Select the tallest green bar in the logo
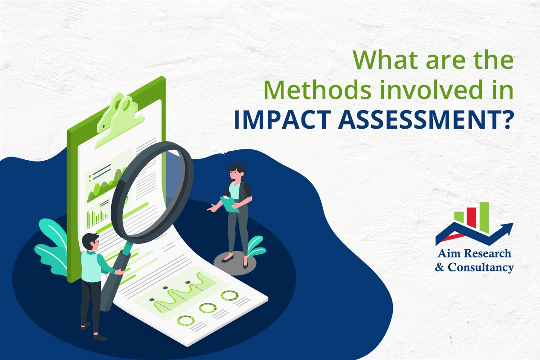point(484,212)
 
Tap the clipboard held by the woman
point(230,203)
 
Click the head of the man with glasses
point(91,241)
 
